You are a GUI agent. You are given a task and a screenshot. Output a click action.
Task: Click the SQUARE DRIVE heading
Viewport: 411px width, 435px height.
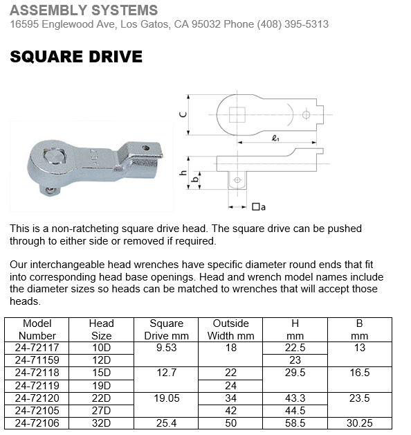pyautogui.click(x=76, y=57)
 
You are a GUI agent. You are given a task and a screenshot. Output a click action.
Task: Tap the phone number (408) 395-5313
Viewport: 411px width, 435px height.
pyautogui.click(x=293, y=24)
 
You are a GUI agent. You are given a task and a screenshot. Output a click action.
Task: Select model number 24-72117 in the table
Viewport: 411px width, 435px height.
pyautogui.click(x=38, y=347)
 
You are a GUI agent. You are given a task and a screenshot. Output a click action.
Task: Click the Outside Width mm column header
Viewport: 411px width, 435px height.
pyautogui.click(x=230, y=329)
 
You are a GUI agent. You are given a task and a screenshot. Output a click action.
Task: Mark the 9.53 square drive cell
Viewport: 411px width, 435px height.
pyautogui.click(x=167, y=347)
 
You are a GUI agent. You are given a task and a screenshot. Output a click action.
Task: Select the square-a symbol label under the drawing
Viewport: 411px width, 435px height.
pyautogui.click(x=259, y=206)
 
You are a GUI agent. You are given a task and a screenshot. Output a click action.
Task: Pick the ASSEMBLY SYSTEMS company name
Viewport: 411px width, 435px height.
pyautogui.click(x=84, y=10)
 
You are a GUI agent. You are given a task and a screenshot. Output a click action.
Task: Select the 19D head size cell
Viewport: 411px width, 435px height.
pyautogui.click(x=101, y=384)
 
